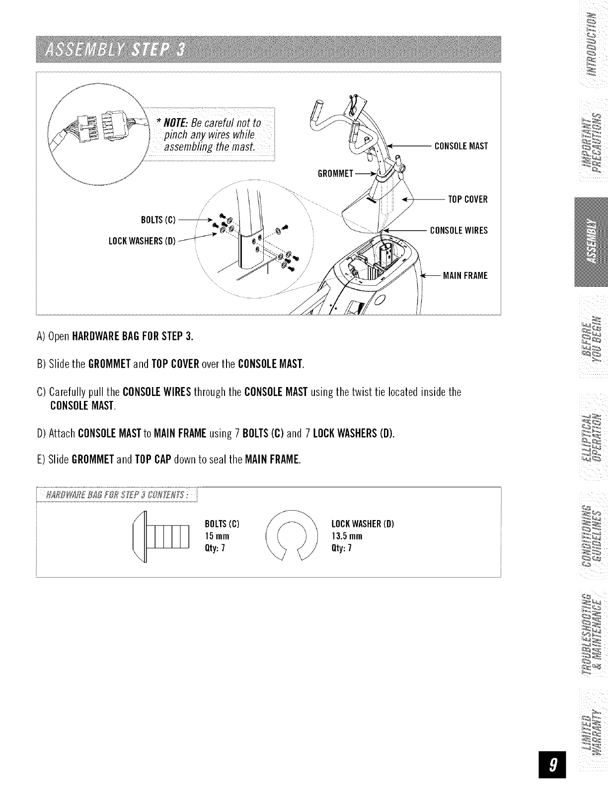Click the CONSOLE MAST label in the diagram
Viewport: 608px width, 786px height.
[x=461, y=146]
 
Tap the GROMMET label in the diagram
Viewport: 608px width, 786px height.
[x=335, y=174]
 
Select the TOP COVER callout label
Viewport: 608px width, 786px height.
[x=468, y=199]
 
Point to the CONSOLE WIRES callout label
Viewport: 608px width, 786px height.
[x=459, y=230]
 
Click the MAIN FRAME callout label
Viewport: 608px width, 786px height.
[x=465, y=275]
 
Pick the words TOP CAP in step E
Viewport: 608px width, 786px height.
[x=153, y=460]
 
